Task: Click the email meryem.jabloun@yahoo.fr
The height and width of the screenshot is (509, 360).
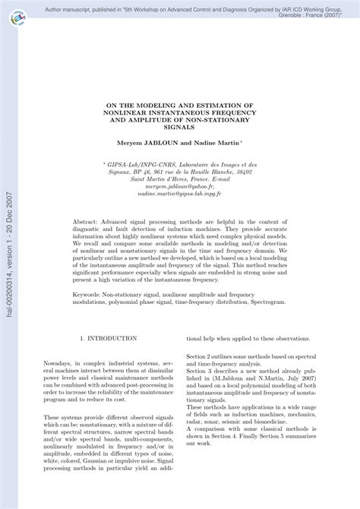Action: (x=179, y=186)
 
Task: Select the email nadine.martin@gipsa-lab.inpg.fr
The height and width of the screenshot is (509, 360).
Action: (x=179, y=194)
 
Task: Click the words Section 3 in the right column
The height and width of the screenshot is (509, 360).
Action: (x=201, y=381)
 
